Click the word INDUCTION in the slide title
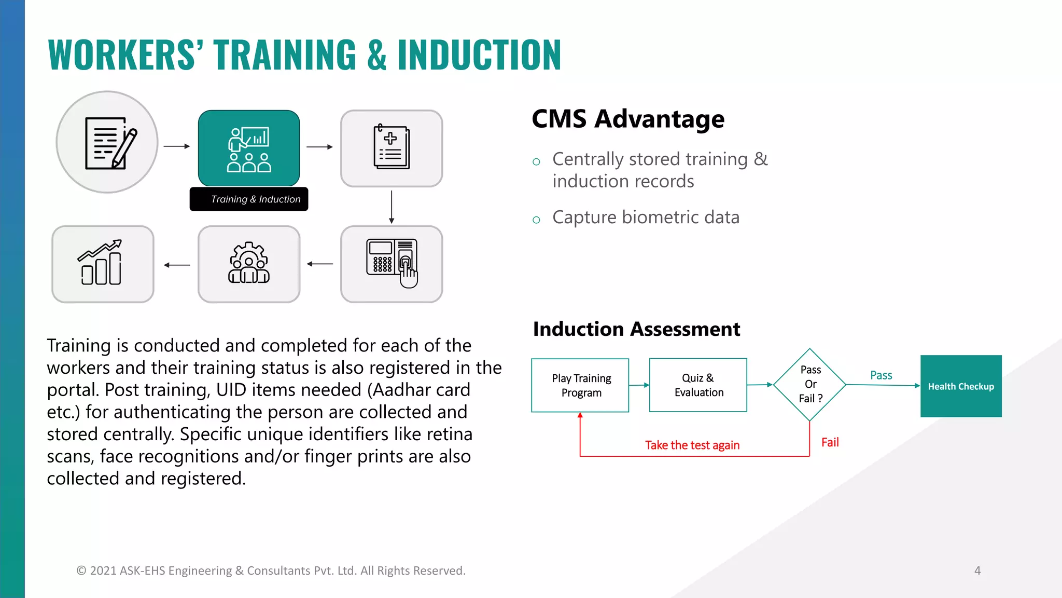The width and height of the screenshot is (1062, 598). [479, 55]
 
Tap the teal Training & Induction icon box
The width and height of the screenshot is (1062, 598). [249, 148]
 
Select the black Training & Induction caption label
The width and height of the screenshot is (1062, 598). [249, 199]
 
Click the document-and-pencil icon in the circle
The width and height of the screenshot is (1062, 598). [107, 142]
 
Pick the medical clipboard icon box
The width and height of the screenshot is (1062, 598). [392, 148]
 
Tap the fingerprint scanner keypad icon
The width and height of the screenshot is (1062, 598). [392, 264]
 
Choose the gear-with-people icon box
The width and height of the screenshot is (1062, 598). [249, 264]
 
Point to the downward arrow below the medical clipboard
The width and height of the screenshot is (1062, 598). [392, 207]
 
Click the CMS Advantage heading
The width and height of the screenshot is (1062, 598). [627, 119]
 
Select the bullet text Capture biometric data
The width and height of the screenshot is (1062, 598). [646, 218]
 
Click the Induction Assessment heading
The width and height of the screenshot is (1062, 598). [636, 329]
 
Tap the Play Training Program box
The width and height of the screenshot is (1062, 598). [580, 385]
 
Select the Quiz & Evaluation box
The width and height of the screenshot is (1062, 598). [698, 385]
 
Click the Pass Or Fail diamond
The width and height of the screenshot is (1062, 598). [809, 385]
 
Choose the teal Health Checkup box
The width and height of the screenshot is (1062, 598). [961, 386]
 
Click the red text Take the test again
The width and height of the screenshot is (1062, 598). [692, 445]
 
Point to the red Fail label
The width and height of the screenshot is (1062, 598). [830, 442]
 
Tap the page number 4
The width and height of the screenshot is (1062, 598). [977, 570]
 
